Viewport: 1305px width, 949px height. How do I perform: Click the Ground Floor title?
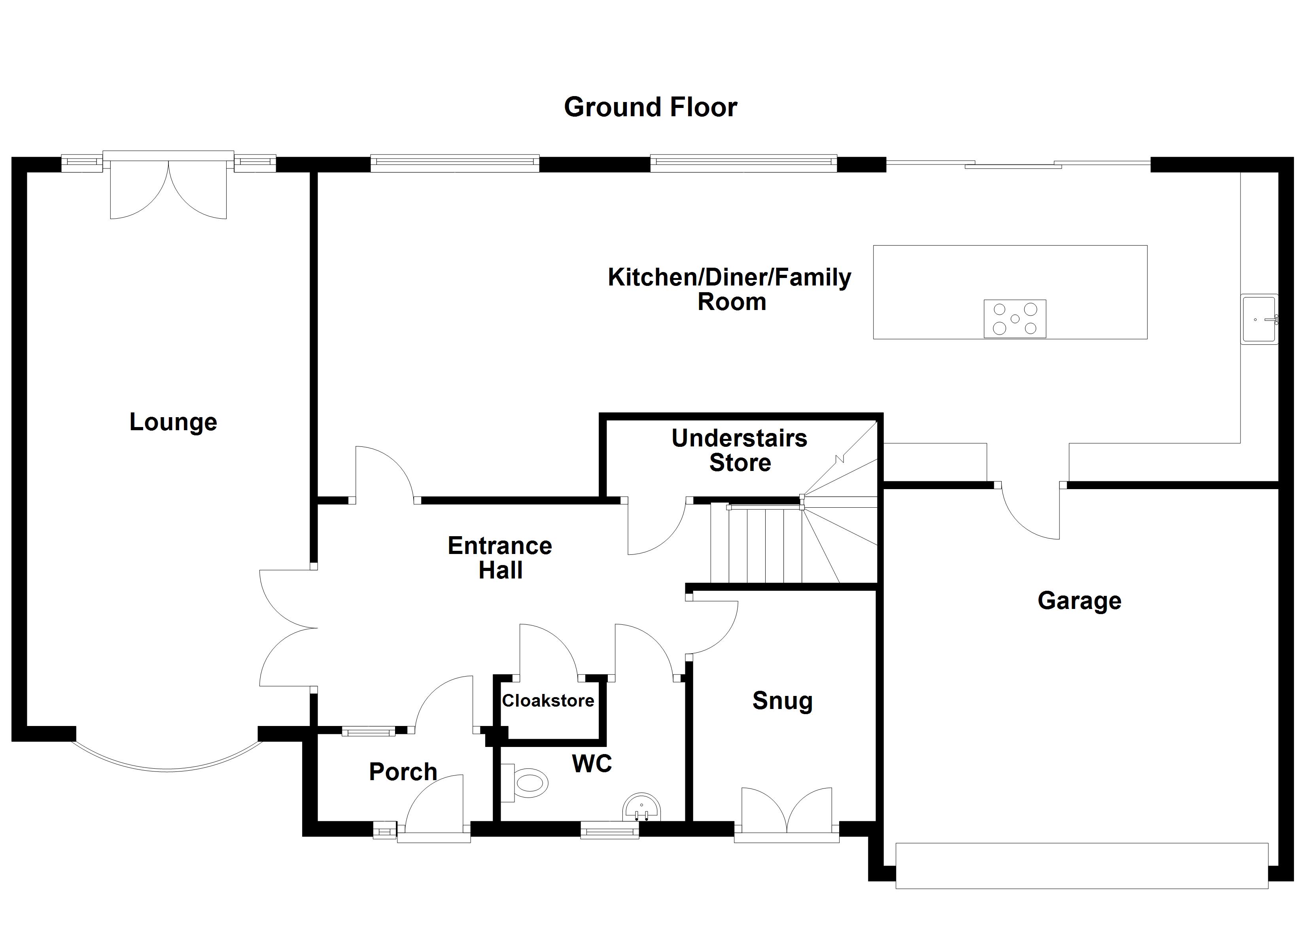(650, 108)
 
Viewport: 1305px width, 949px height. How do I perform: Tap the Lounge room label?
(173, 422)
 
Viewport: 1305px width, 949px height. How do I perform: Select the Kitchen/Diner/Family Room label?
(730, 289)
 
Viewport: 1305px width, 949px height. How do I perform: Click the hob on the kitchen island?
(1014, 318)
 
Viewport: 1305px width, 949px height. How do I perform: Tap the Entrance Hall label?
(500, 558)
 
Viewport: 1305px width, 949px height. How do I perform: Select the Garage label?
(1080, 601)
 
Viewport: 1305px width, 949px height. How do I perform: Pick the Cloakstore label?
(548, 701)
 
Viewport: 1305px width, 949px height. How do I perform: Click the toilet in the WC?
(526, 783)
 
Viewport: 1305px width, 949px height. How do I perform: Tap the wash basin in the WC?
(641, 809)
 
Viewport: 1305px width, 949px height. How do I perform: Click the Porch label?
(403, 772)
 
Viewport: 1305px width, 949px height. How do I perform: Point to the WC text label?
(592, 764)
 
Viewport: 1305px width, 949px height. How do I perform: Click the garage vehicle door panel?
(1082, 866)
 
